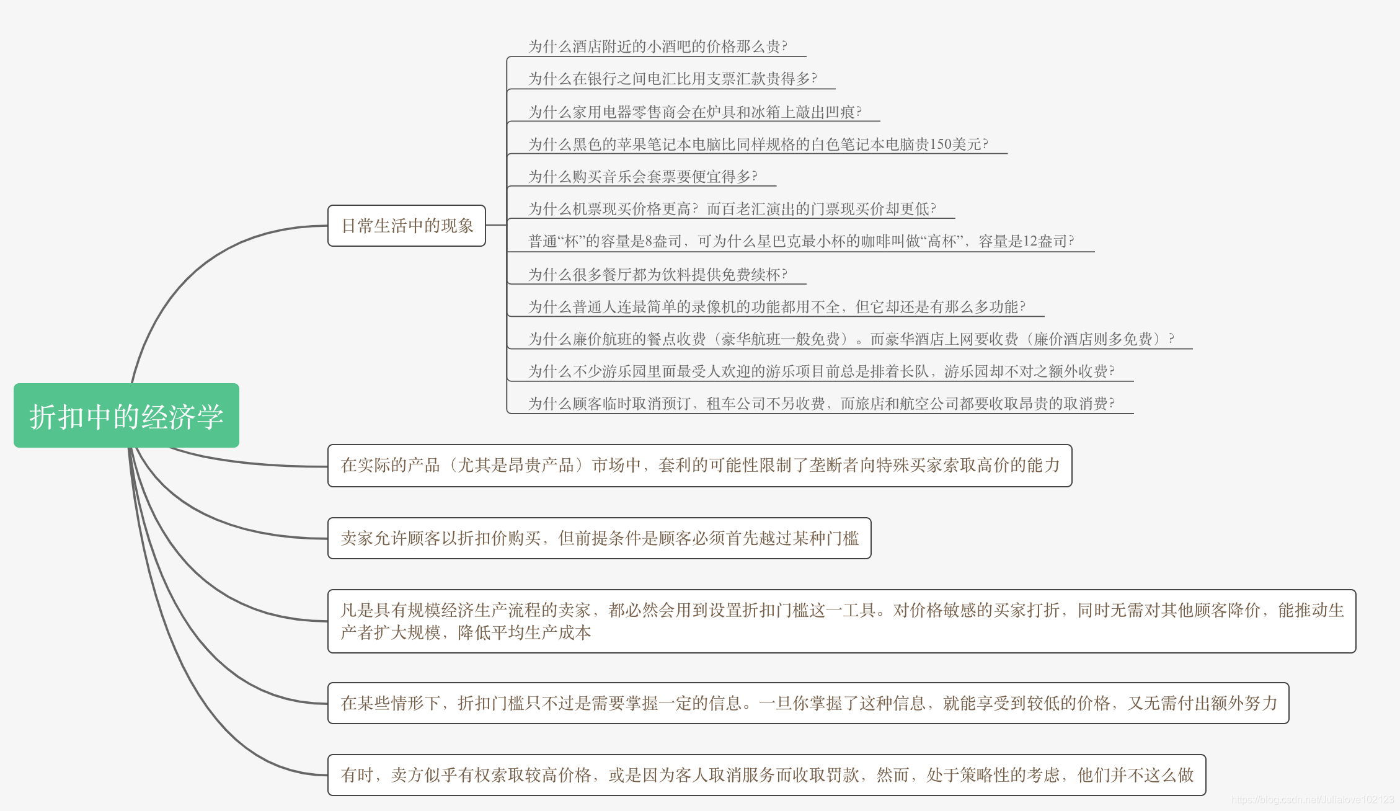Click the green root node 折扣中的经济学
tap(126, 415)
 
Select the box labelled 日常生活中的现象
tap(407, 226)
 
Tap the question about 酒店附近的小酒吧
tap(657, 47)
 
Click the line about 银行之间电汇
tap(672, 79)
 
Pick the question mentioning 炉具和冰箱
tap(694, 112)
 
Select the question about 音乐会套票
tap(642, 177)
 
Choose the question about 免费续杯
tap(657, 275)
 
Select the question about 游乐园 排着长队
tap(821, 371)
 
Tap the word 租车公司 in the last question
tap(736, 404)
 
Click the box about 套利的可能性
tap(699, 466)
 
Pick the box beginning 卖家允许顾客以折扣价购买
tap(599, 538)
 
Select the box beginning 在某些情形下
tap(808, 703)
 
